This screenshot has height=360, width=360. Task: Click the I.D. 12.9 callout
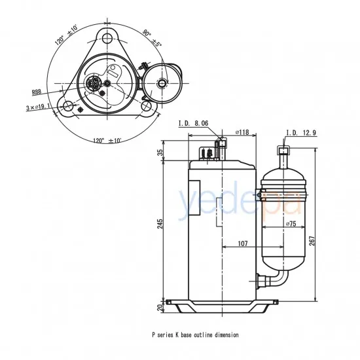coord(301,133)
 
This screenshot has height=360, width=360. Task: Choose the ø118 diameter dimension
coord(242,133)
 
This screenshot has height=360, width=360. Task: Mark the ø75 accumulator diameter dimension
coord(291,224)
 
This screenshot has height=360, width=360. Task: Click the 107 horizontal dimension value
coord(242,243)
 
